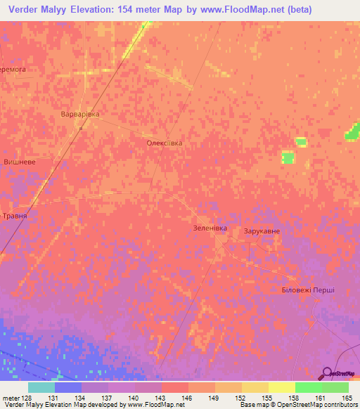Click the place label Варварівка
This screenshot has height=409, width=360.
tap(79, 114)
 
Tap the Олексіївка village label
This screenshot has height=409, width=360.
tap(164, 143)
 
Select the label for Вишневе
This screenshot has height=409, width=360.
tap(20, 162)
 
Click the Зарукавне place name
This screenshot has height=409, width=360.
tap(262, 231)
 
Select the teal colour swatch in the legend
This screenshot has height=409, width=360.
tap(41, 387)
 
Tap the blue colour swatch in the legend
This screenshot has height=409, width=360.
tap(68, 387)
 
